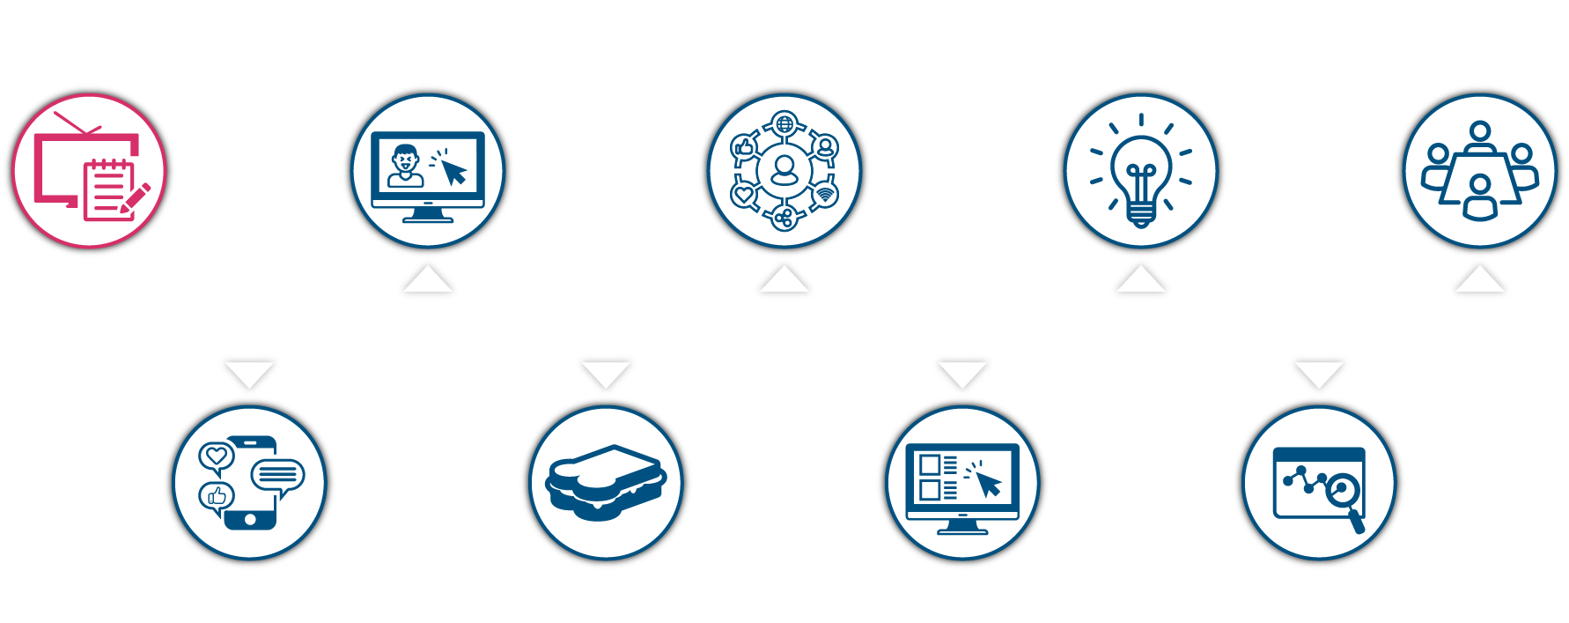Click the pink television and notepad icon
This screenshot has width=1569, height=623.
[x=88, y=169]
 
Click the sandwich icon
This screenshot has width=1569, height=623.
[x=606, y=483]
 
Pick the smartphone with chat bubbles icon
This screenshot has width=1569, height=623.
[x=250, y=483]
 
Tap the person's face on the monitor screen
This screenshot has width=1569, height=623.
[x=405, y=162]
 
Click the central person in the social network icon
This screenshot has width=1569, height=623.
[x=784, y=169]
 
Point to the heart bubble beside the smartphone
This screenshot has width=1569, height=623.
[x=216, y=457]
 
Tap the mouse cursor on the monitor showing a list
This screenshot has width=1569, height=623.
[x=988, y=484]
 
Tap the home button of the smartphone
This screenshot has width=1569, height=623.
[x=250, y=520]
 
